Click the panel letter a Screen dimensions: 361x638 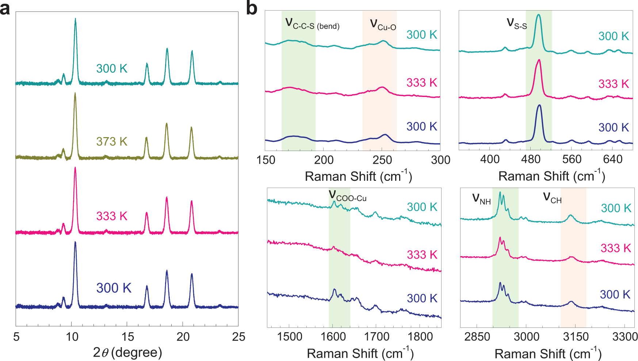pyautogui.click(x=5, y=9)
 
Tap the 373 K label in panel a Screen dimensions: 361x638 pyautogui.click(x=112, y=141)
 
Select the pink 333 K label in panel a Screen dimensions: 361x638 pyautogui.click(x=112, y=216)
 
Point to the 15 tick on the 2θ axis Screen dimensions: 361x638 pyautogui.click(x=127, y=337)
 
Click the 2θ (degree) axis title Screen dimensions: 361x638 pyautogui.click(x=127, y=352)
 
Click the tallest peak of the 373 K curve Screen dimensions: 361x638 pyautogui.click(x=75, y=94)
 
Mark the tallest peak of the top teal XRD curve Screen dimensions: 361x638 pyautogui.click(x=75, y=19)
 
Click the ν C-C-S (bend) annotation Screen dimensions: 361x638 pyautogui.click(x=312, y=24)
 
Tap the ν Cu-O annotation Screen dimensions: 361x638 pyautogui.click(x=383, y=24)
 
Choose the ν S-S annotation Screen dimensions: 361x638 pyautogui.click(x=517, y=24)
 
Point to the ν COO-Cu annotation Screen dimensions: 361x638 pyautogui.click(x=347, y=196)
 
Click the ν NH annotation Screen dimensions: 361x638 pyautogui.click(x=481, y=199)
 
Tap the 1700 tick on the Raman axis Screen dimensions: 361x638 pyautogui.click(x=377, y=337)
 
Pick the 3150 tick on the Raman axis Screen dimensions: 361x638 pyautogui.click(x=575, y=337)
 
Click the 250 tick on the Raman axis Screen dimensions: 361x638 pyautogui.click(x=382, y=160)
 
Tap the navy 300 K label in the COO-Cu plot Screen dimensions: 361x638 pyautogui.click(x=422, y=298)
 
